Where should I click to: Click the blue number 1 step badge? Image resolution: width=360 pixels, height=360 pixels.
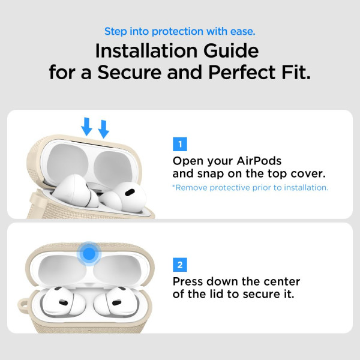click(x=179, y=144)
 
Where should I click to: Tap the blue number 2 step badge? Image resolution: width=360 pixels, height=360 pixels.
click(x=179, y=265)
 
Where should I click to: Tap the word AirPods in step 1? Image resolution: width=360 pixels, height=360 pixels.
click(x=257, y=161)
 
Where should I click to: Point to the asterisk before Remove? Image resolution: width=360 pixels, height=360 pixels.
click(x=174, y=187)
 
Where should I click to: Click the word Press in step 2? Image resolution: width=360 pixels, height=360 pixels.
click(x=189, y=281)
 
